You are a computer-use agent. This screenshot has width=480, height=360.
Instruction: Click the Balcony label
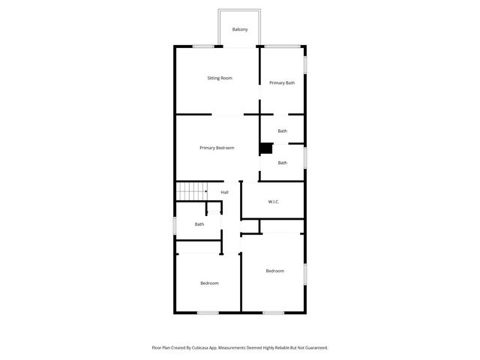(x=240, y=30)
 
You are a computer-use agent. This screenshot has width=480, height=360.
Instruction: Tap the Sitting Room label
(x=220, y=78)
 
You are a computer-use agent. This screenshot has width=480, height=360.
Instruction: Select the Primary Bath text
(x=282, y=82)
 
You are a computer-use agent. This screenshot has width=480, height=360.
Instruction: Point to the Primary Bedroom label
(x=217, y=148)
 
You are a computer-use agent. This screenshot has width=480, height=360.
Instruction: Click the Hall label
(x=224, y=193)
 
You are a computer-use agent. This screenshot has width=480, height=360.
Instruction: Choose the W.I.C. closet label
(x=274, y=202)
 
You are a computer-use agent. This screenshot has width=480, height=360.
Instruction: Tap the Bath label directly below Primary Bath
(x=282, y=131)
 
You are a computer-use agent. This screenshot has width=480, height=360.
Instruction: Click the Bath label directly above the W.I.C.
(x=282, y=163)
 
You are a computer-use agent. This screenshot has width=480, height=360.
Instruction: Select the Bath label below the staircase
(x=199, y=224)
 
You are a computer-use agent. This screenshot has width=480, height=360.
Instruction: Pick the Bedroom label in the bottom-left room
(x=209, y=283)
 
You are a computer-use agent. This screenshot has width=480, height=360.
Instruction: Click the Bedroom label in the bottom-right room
(x=274, y=271)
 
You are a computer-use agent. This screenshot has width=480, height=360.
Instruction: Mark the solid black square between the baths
(x=265, y=148)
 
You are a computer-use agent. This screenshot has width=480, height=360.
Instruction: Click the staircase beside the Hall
(x=191, y=191)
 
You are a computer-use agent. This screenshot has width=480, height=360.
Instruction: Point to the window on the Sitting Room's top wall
(x=203, y=47)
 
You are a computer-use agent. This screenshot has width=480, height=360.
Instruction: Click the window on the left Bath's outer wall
(x=175, y=225)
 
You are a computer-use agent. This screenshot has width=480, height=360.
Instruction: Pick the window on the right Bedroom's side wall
(x=305, y=273)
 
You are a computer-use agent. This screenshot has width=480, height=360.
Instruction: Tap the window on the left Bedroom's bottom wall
(x=208, y=312)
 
